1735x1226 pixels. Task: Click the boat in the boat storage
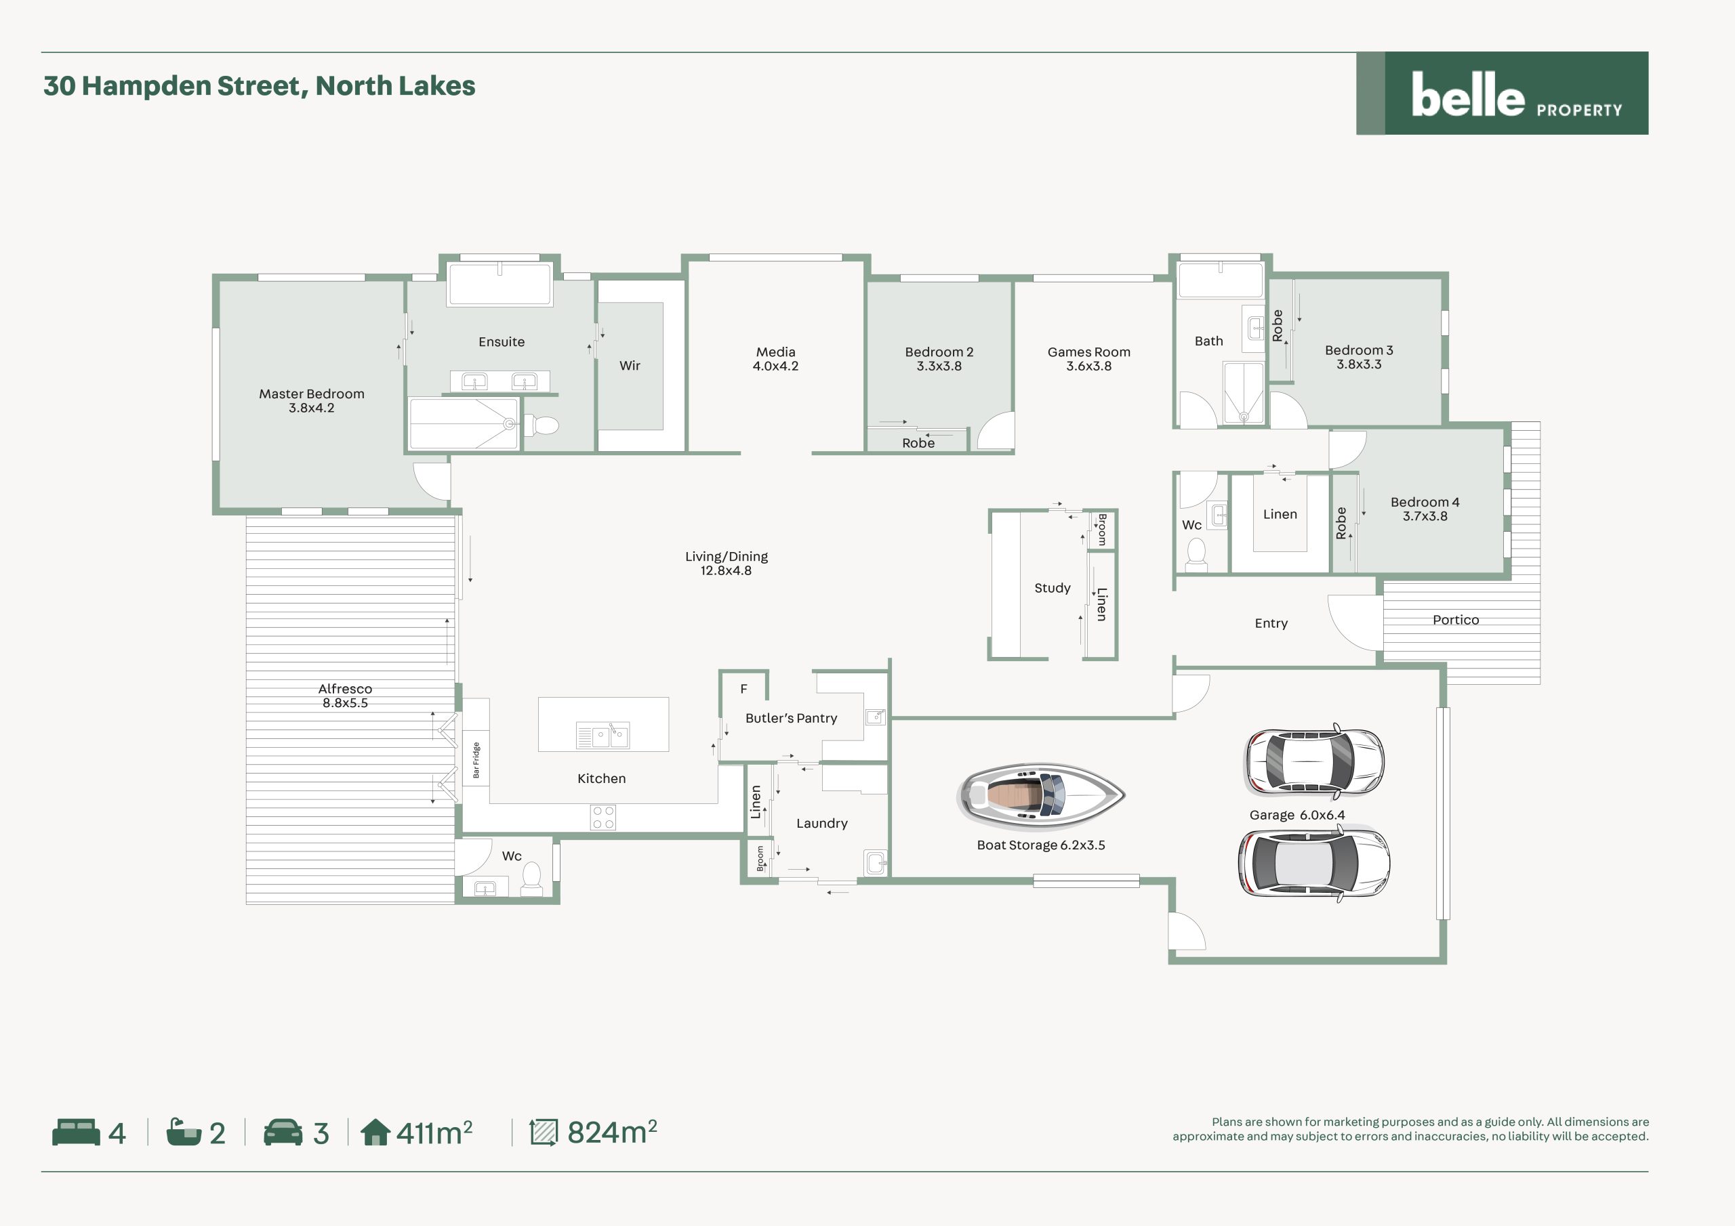pyautogui.click(x=1041, y=795)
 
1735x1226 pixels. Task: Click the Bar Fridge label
pyautogui.click(x=476, y=760)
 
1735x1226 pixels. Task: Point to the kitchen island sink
pyautogui.click(x=603, y=735)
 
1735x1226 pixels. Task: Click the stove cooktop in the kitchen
pyautogui.click(x=603, y=818)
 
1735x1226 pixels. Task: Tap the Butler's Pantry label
pyautogui.click(x=791, y=717)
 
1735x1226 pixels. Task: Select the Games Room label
pyautogui.click(x=1089, y=352)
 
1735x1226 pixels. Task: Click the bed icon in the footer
pyautogui.click(x=75, y=1133)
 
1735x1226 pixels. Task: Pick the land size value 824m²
pyautogui.click(x=612, y=1133)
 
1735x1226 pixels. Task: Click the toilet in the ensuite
pyautogui.click(x=541, y=425)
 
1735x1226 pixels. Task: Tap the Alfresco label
pyautogui.click(x=346, y=689)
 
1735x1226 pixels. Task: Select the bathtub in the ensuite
pyautogui.click(x=499, y=283)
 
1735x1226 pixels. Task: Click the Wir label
pyautogui.click(x=630, y=366)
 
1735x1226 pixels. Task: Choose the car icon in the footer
pyautogui.click(x=283, y=1133)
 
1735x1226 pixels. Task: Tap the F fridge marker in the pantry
pyautogui.click(x=743, y=689)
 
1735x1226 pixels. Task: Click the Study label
pyautogui.click(x=1052, y=588)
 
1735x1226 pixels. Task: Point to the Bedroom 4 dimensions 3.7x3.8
pyautogui.click(x=1425, y=516)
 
